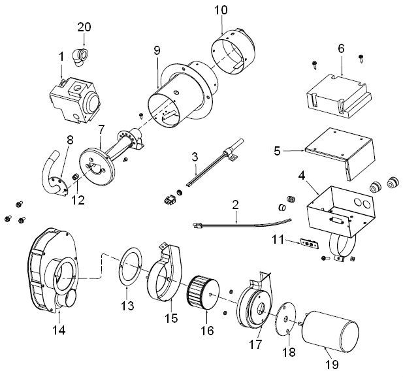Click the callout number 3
pyautogui.click(x=194, y=157)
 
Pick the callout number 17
pyautogui.click(x=255, y=343)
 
